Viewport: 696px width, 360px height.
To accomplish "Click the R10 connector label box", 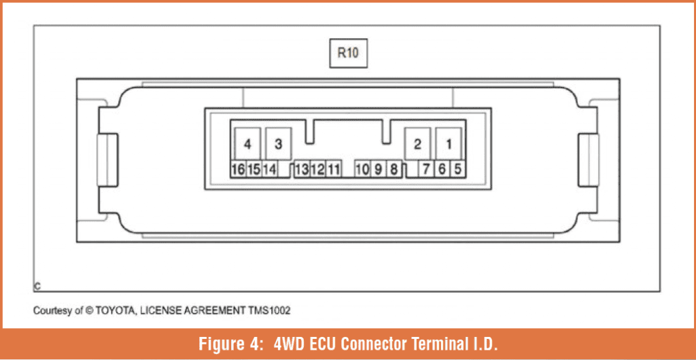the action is pyautogui.click(x=348, y=53).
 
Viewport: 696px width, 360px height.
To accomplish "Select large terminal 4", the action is pyautogui.click(x=247, y=143).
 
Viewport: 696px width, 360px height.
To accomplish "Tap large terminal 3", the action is pyautogui.click(x=278, y=143).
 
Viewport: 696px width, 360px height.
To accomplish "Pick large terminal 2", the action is pyautogui.click(x=417, y=143).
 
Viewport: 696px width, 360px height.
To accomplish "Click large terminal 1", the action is pyautogui.click(x=449, y=143).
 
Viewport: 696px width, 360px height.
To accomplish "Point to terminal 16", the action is pyautogui.click(x=239, y=169).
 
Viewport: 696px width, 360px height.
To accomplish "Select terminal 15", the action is pyautogui.click(x=254, y=169).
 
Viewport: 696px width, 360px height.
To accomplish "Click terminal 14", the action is pyautogui.click(x=269, y=169).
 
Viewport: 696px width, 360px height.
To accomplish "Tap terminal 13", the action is pyautogui.click(x=302, y=169).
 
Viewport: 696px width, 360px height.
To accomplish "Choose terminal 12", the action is pyautogui.click(x=317, y=169).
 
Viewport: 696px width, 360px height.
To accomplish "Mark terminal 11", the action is pyautogui.click(x=333, y=169).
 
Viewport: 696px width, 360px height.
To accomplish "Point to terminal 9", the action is pyautogui.click(x=378, y=169).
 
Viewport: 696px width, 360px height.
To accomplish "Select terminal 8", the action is pyautogui.click(x=394, y=169).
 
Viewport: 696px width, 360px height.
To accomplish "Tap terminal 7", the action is pyautogui.click(x=426, y=169).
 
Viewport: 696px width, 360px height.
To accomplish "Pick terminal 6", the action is pyautogui.click(x=442, y=169).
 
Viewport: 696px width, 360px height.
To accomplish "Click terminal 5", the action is pyautogui.click(x=457, y=169).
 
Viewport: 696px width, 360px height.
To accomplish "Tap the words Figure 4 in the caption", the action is pyautogui.click(x=223, y=344).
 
